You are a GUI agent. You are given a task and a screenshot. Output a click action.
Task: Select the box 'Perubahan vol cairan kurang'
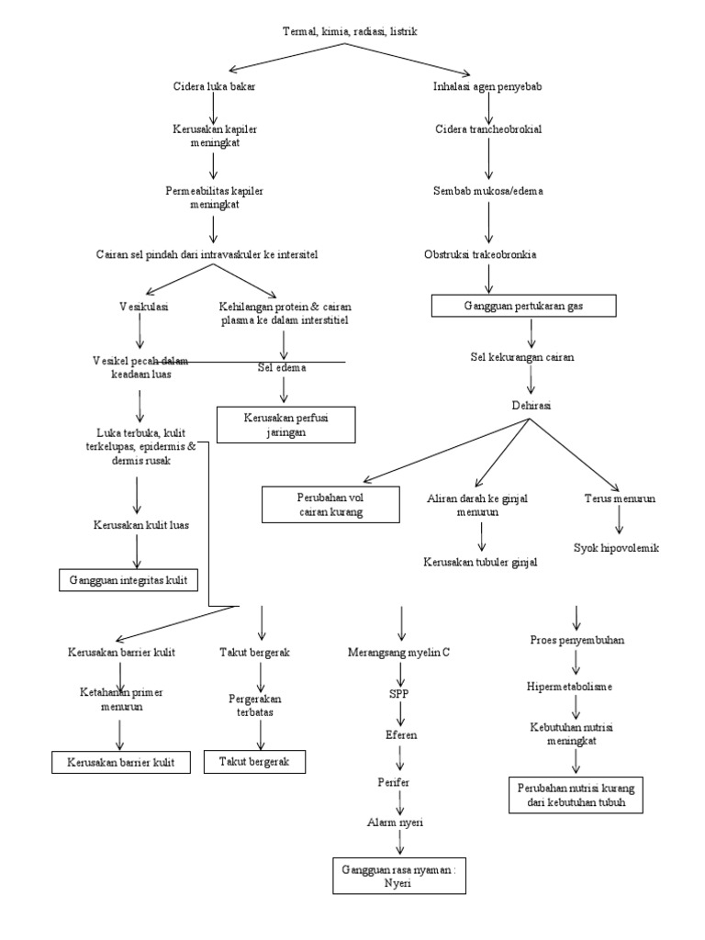pos(330,505)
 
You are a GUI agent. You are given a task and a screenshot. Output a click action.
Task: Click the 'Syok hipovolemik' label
pos(616,548)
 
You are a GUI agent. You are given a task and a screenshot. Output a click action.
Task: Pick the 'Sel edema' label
pos(282,368)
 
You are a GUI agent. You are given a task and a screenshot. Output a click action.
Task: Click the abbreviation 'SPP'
pos(398,694)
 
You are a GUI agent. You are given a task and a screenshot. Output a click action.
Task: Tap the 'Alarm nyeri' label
pos(398,822)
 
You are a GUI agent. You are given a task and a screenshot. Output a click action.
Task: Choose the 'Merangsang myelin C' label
pos(398,653)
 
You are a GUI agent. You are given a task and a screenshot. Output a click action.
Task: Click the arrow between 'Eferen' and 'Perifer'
pos(399,758)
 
